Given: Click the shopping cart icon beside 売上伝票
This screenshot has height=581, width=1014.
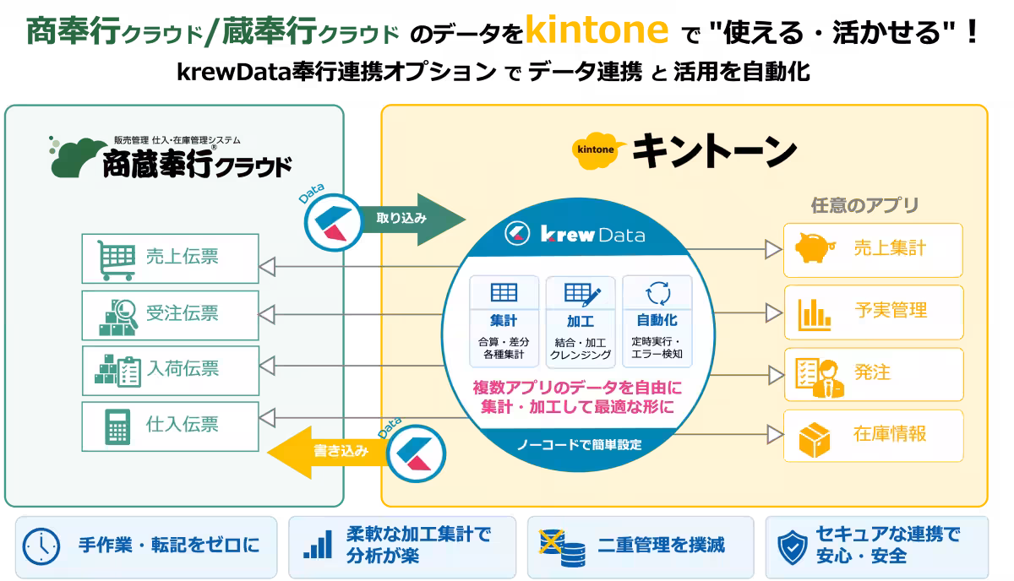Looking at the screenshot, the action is [117, 260].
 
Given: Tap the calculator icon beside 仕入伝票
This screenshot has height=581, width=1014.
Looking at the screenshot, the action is [117, 427].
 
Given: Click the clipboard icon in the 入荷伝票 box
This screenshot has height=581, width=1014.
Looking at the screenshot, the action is [129, 372].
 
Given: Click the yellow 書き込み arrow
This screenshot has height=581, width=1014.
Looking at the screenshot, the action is [328, 452].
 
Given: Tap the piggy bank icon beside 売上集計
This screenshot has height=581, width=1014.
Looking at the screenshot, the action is [815, 247].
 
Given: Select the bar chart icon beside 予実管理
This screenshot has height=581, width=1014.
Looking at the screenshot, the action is [814, 314].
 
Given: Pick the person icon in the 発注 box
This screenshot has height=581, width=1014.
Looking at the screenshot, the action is [829, 380].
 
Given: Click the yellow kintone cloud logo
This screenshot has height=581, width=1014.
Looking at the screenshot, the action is [597, 150].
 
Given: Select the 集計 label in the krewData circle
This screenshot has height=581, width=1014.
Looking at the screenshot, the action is [504, 321].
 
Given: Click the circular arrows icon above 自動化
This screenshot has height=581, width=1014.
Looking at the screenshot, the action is [657, 293].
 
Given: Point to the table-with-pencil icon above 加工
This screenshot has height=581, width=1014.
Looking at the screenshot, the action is [582, 294].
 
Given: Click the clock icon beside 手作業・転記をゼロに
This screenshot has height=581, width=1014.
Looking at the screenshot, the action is [41, 546].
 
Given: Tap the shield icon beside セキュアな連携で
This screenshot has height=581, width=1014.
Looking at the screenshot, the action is [793, 547].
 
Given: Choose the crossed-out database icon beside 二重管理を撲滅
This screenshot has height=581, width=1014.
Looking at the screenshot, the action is [562, 548].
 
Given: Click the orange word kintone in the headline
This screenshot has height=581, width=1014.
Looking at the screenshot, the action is [597, 30].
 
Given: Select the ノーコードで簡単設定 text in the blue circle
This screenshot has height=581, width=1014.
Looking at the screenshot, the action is [580, 445].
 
